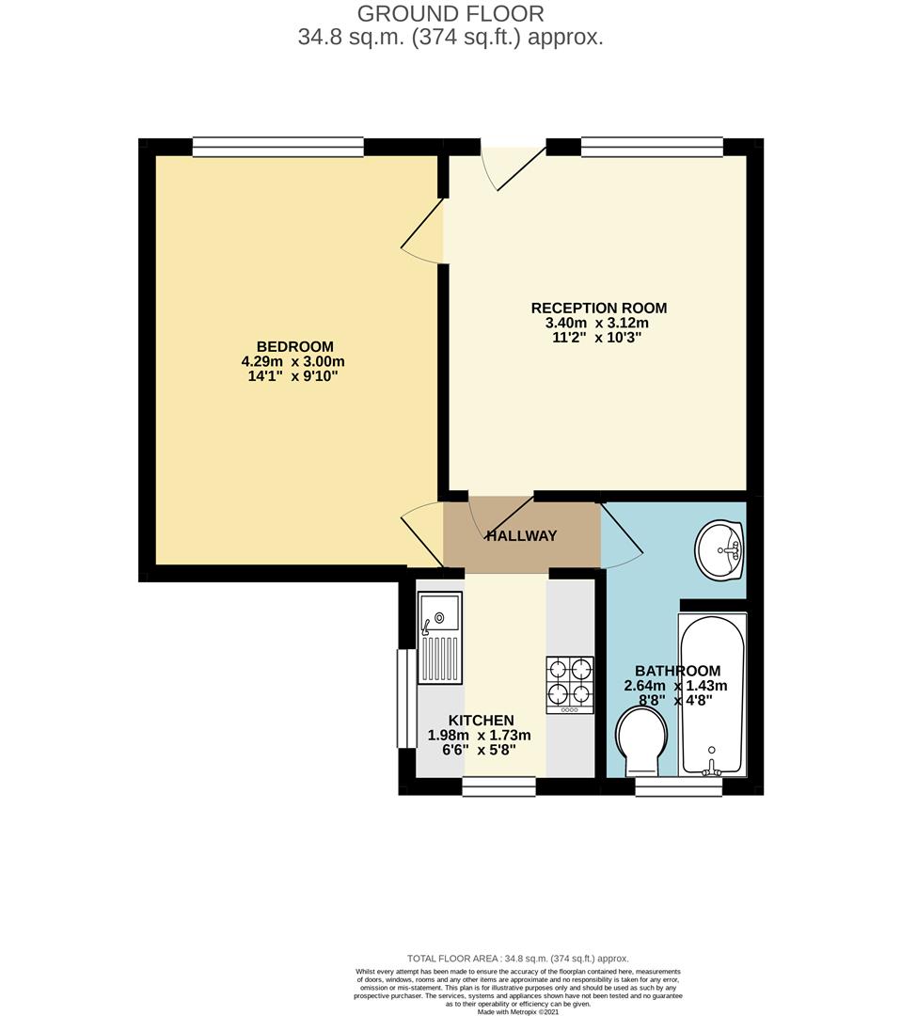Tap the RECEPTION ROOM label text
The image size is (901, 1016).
tap(598, 308)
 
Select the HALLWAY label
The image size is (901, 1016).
tap(521, 536)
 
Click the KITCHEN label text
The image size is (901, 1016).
tap(480, 721)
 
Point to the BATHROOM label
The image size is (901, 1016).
tap(677, 671)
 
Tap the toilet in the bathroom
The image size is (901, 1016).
tap(641, 743)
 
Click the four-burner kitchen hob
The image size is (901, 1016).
tap(570, 684)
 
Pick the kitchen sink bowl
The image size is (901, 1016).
tap(439, 613)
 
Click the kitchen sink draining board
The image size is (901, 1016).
tap(439, 659)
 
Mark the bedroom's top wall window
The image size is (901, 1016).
tap(277, 147)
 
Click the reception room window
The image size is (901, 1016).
tap(652, 147)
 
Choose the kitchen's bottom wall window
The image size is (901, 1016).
tap(498, 786)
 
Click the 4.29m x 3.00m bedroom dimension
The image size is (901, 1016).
tap(293, 361)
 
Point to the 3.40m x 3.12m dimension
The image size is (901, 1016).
tap(598, 323)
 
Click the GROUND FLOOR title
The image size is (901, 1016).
tap(450, 14)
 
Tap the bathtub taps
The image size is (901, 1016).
tap(712, 767)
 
